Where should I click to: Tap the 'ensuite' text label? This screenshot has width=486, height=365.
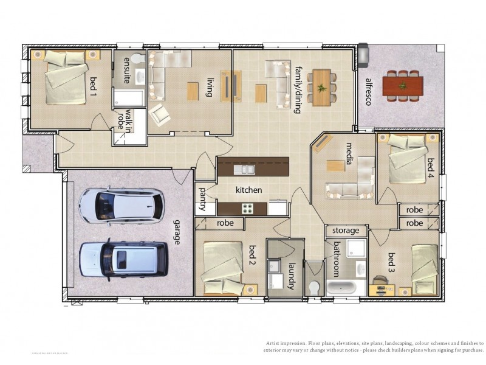pos(126,69)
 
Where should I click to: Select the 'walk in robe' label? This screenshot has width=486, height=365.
pos(124,119)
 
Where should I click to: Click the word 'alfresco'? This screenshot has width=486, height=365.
pos(368,92)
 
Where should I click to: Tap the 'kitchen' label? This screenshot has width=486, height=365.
pos(248,190)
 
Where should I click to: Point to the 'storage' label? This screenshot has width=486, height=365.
pos(346,231)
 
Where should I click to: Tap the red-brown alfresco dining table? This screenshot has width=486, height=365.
pos(403,85)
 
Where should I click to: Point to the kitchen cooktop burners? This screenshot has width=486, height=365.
pos(248,208)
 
